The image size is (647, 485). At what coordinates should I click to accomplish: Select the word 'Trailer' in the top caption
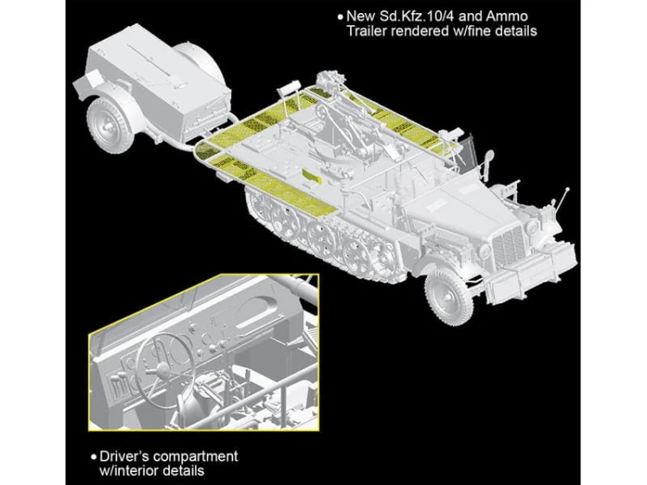tap(367, 31)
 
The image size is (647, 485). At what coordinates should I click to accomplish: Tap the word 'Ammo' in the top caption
tap(507, 16)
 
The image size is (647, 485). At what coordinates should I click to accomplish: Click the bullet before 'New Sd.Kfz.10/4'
tap(340, 17)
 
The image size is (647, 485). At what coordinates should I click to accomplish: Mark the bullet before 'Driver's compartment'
tap(94, 457)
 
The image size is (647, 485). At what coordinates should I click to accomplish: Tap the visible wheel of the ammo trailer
tap(110, 125)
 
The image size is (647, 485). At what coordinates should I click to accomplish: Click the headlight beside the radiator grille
tap(485, 251)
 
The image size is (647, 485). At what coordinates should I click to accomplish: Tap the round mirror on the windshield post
tap(488, 157)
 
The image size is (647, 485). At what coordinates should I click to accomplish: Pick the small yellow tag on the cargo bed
tap(311, 175)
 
